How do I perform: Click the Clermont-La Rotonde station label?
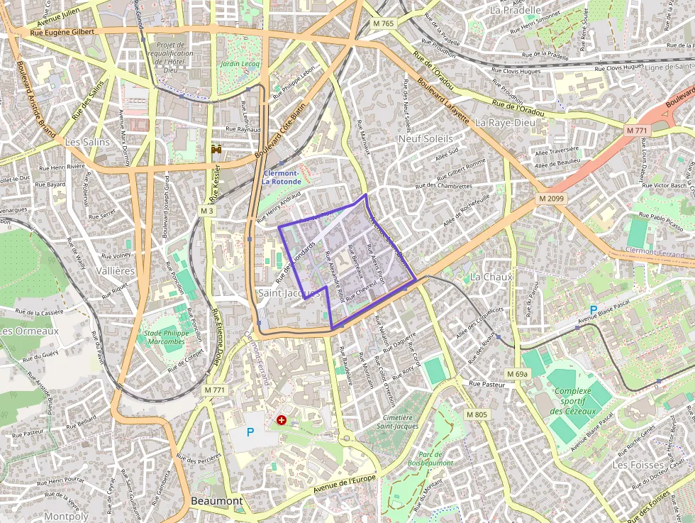282,177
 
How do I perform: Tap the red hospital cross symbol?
282,421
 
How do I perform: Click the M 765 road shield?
383,23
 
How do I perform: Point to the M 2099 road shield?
550,199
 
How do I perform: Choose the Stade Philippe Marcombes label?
165,337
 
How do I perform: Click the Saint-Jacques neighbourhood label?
289,293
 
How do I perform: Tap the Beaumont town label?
217,501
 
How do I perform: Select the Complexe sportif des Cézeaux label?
573,401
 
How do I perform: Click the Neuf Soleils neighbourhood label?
426,138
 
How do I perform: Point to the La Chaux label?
491,277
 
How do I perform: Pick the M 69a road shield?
518,373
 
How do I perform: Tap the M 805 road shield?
477,414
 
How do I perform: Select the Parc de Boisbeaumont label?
430,458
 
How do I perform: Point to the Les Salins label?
88,142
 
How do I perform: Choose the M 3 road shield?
206,211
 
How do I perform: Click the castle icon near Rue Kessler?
217,150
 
